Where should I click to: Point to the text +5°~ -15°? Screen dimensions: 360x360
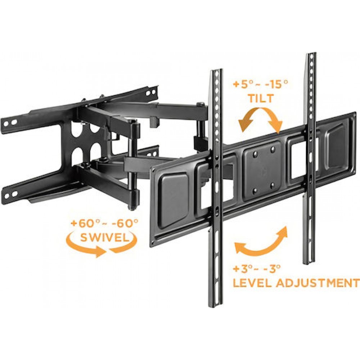[260, 85]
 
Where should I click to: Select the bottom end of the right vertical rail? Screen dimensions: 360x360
[309, 262]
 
